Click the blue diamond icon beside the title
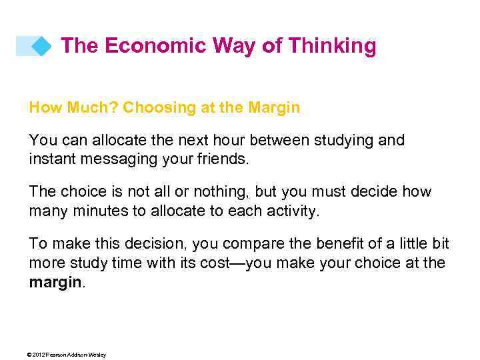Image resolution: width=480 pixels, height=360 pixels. click(x=41, y=46)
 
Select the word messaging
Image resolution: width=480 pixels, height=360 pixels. click(x=113, y=159)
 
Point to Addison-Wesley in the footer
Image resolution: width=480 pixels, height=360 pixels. click(x=90, y=355)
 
